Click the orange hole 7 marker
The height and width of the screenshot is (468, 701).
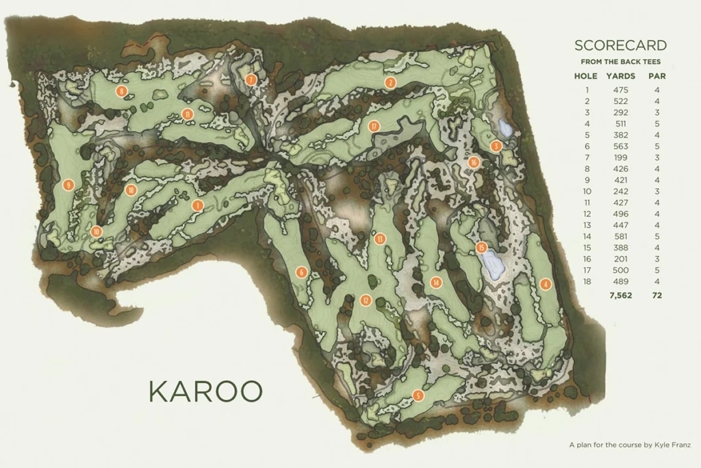251,79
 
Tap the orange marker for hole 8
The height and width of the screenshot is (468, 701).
122,91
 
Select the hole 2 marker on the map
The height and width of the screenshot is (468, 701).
390,83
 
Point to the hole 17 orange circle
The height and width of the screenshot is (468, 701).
373,126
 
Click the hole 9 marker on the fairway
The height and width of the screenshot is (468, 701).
68,184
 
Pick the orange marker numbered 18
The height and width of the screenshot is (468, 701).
131,190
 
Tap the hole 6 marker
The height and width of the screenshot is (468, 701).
301,273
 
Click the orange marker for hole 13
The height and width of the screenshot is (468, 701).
381,238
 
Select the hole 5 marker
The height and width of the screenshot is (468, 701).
418,395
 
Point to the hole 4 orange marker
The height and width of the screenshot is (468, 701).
545,284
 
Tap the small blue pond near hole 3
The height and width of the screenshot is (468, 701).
505,128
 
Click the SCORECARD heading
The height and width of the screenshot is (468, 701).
620,46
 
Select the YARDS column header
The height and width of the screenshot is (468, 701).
620,76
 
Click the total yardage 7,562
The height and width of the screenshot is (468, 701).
620,295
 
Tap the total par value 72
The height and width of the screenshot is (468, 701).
657,295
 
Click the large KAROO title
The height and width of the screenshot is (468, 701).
205,391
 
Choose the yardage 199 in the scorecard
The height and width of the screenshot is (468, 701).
620,158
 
